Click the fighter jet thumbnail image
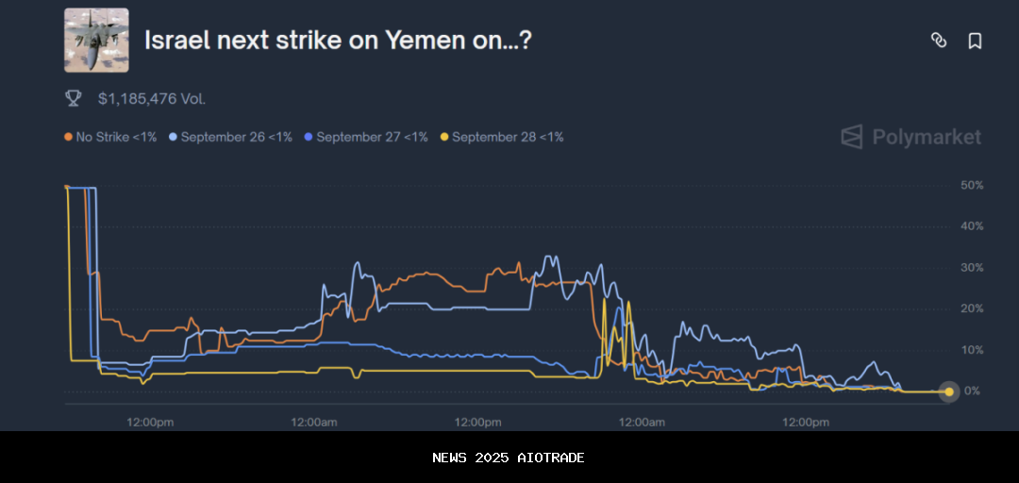tap(96, 41)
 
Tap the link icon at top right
tap(939, 40)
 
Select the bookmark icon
tap(975, 41)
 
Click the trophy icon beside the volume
tap(73, 98)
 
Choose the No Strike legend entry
tap(110, 137)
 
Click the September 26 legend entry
tap(230, 137)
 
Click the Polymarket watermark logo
tap(911, 138)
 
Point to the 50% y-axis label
tap(972, 186)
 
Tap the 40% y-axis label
tap(972, 226)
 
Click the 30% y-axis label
tap(972, 268)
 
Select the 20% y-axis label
tap(972, 308)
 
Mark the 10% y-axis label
tap(972, 350)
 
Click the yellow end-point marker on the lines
tap(948, 391)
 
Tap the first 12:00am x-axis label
tap(314, 422)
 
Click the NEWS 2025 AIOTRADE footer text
tap(509, 458)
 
